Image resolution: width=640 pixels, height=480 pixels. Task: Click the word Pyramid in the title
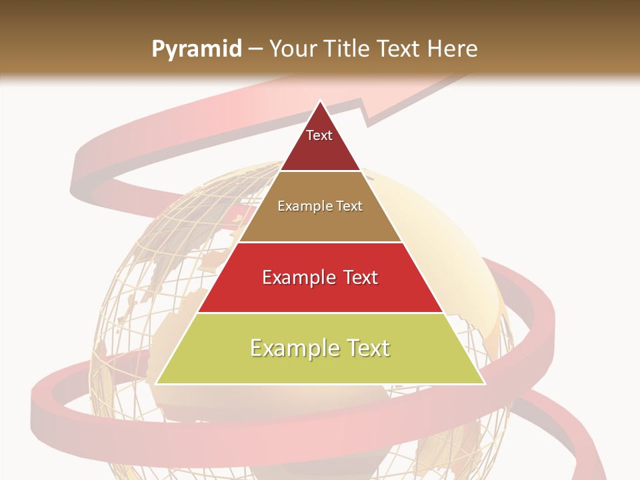click(x=196, y=49)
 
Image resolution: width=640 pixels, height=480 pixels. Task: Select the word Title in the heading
click(x=346, y=49)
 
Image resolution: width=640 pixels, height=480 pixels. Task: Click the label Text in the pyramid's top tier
click(x=319, y=135)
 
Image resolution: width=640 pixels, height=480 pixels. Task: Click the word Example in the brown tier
click(x=302, y=206)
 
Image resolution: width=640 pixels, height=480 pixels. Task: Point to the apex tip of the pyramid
click(x=320, y=101)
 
